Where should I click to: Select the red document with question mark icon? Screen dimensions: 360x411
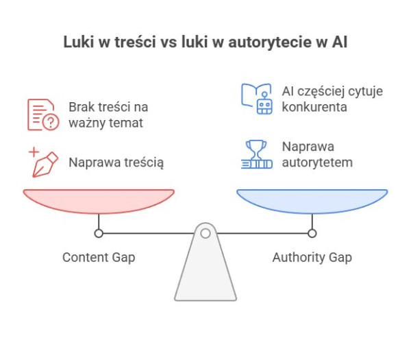(42, 115)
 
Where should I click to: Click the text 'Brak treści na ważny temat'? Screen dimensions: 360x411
(108, 115)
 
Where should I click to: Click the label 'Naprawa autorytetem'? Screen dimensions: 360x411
(317, 154)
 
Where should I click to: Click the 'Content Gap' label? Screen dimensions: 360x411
(99, 257)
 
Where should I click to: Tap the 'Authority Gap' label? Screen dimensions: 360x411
(312, 257)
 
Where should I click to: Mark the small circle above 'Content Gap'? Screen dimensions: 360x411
(99, 233)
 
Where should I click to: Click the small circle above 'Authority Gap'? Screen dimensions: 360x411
(312, 233)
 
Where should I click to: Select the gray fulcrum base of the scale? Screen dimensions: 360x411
(205, 271)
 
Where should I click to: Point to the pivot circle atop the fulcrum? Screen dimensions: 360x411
(205, 233)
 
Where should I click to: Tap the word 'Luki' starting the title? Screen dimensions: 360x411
(78, 43)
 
